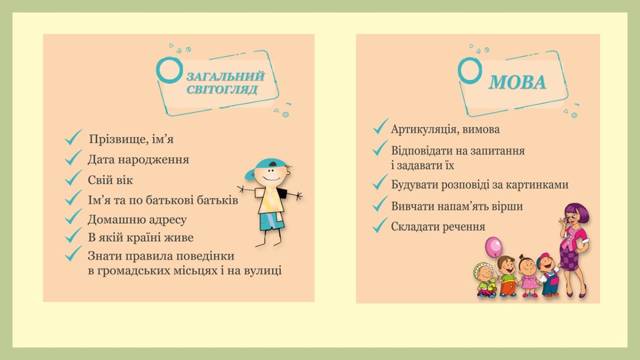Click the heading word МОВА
click(517, 83)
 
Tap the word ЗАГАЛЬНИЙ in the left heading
click(226, 77)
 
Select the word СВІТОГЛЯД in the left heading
click(222, 90)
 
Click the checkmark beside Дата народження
click(73, 157)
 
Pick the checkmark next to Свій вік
click(73, 178)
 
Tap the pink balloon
click(493, 246)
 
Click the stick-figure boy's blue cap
click(265, 168)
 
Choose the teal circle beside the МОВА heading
click(470, 71)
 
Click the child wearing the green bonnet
click(484, 281)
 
